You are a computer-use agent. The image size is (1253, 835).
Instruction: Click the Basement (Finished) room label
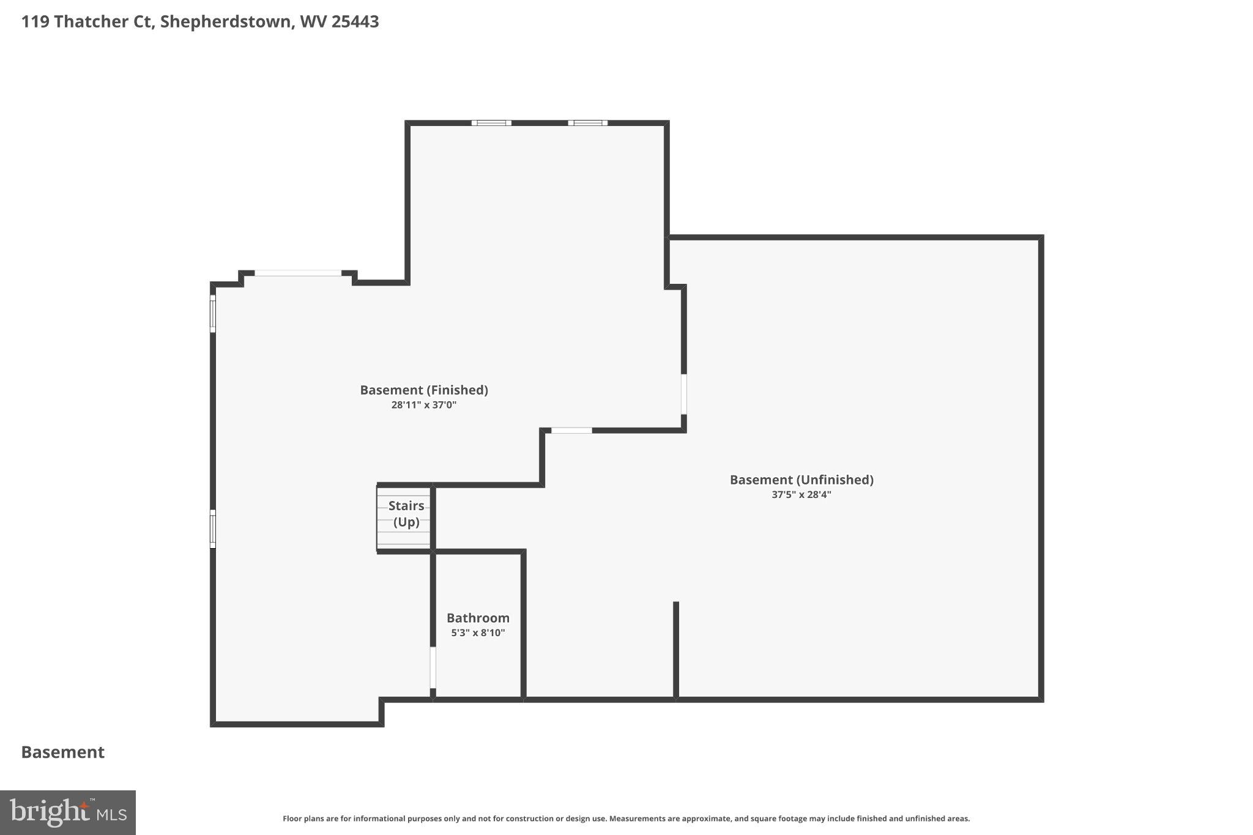[423, 390]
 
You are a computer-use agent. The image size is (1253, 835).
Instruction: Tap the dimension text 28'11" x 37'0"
[423, 405]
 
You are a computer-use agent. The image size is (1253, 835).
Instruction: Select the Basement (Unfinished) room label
[801, 480]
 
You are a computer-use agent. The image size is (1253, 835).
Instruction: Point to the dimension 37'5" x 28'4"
[801, 494]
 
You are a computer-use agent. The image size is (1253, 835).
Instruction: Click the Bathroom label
[478, 618]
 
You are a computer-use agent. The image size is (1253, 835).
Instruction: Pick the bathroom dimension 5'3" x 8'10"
[478, 633]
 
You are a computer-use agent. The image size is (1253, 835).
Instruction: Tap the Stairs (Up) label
[406, 513]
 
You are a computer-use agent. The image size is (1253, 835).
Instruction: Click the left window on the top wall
[491, 123]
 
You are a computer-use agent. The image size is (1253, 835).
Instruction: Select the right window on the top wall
[587, 123]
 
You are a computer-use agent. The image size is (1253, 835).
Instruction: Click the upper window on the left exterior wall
[213, 314]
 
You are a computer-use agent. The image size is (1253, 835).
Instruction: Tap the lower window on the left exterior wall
[213, 529]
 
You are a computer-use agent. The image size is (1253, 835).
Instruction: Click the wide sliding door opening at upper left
[298, 273]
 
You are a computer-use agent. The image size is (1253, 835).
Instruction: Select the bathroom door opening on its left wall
[433, 667]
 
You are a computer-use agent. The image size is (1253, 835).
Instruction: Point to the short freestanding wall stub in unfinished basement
[676, 648]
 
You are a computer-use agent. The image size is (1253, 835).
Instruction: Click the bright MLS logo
[68, 812]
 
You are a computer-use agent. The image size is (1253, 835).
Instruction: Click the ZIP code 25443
[355, 21]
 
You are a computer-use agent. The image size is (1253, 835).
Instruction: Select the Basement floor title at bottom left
[63, 752]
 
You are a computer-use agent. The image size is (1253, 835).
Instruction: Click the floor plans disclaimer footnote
[626, 818]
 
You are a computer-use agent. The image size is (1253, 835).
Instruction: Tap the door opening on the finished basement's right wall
[683, 394]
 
